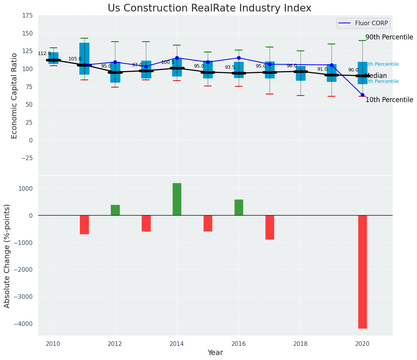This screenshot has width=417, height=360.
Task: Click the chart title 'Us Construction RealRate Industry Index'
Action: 209,8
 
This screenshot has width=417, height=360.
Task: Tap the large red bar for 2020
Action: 362,272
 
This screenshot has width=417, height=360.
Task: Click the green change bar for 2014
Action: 177,199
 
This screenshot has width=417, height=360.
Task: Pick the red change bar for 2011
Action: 84,225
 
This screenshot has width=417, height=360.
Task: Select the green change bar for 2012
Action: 115,210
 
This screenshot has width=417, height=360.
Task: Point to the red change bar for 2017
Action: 270,227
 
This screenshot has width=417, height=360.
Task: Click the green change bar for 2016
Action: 239,208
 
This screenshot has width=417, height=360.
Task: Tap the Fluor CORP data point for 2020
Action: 362,95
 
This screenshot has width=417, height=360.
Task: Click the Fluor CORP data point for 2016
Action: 239,58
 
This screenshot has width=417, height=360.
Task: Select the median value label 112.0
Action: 44,54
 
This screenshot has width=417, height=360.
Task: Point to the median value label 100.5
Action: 168,62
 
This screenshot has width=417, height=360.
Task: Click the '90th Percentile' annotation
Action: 389,37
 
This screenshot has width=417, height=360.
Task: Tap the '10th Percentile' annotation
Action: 389,100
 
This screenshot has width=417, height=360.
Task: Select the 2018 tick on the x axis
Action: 301,344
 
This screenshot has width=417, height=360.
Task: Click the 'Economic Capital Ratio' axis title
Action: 15,96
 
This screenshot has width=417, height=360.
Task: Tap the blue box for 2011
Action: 84,58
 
